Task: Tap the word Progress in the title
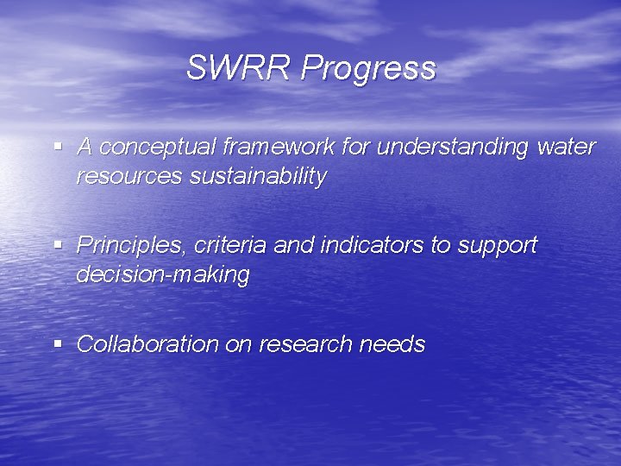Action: pyautogui.click(x=368, y=69)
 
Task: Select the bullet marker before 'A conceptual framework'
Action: pyautogui.click(x=58, y=147)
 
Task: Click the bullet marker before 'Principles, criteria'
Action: pyautogui.click(x=58, y=245)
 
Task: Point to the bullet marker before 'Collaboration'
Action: pyautogui.click(x=58, y=343)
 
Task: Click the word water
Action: pyautogui.click(x=566, y=148)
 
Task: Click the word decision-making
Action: pyautogui.click(x=163, y=276)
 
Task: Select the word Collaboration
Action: pyautogui.click(x=147, y=344)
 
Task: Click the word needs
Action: pyautogui.click(x=392, y=344)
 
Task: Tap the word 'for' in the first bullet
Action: pyautogui.click(x=355, y=147)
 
